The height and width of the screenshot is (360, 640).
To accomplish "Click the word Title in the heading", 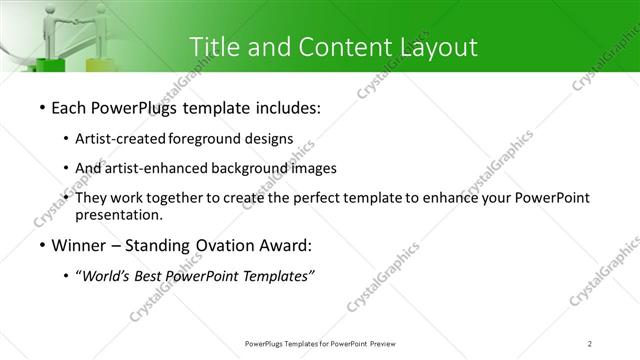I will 214,47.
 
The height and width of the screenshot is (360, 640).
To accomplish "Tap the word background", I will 258,168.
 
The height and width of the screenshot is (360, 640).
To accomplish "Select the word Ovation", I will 224,245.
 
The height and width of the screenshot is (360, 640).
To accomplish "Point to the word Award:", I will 285,245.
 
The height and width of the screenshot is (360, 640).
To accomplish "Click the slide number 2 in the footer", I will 590,344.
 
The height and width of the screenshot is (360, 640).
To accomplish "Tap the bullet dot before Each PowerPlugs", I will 41,108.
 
